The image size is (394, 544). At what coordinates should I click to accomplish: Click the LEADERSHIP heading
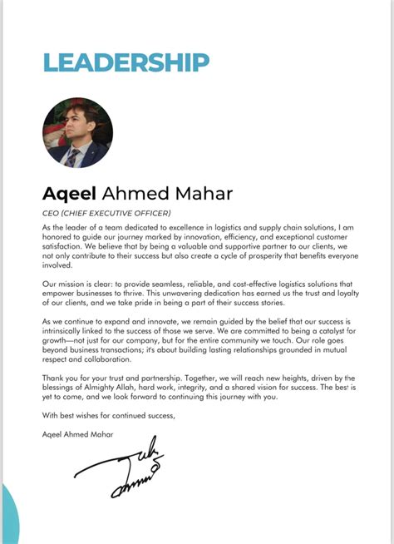(x=126, y=62)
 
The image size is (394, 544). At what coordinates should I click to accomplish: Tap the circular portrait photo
(x=77, y=133)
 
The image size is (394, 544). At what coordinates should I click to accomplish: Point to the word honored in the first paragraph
(x=59, y=235)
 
